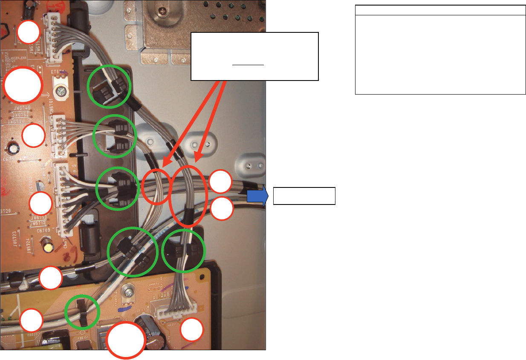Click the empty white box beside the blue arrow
[304, 196]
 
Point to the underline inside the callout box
[248, 65]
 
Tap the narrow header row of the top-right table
[440, 11]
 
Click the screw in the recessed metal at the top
[162, 10]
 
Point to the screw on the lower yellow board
[127, 292]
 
